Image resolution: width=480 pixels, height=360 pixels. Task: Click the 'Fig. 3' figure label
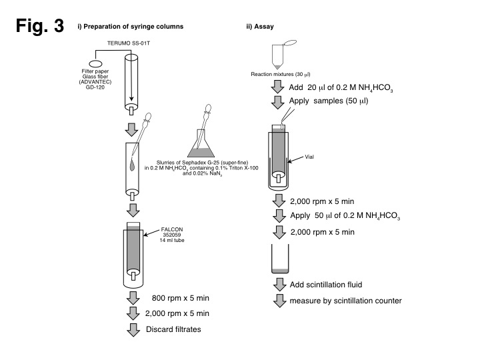click(x=40, y=27)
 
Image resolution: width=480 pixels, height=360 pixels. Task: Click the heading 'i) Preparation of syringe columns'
click(x=131, y=27)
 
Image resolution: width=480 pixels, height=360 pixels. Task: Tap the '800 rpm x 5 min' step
click(x=171, y=299)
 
